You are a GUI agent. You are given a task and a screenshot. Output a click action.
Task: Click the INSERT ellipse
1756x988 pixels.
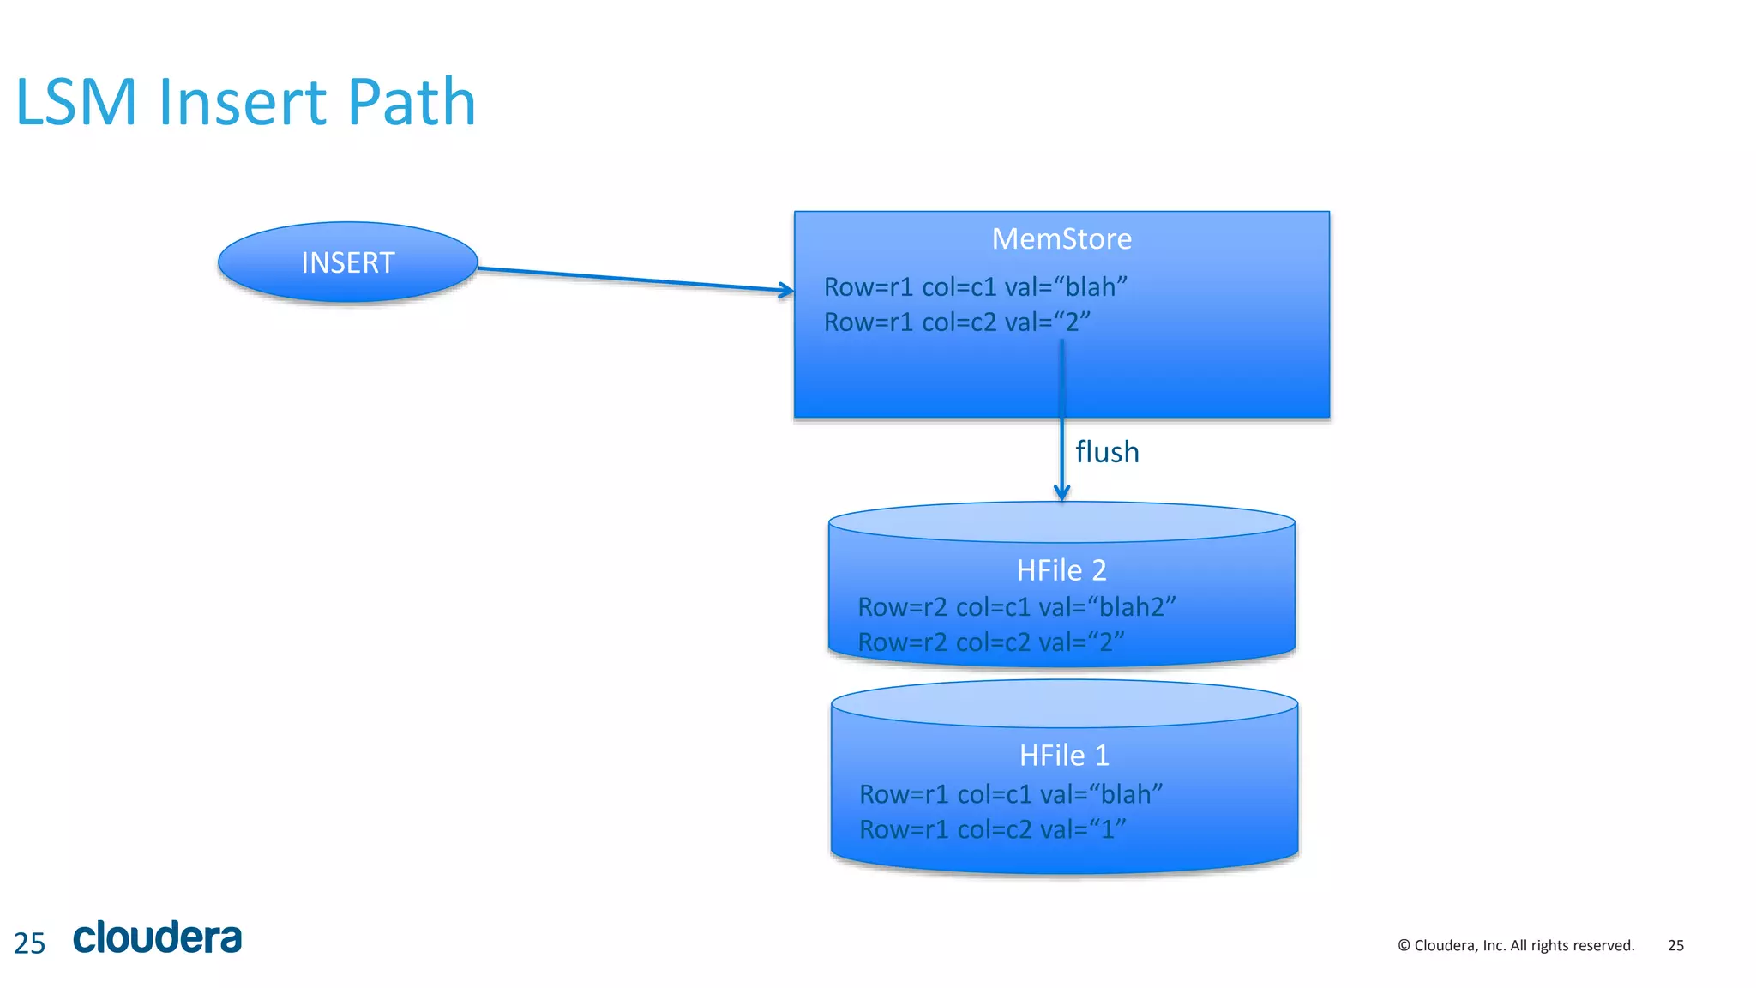[x=347, y=262]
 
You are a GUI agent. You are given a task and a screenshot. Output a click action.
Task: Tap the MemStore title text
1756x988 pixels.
[x=1061, y=238]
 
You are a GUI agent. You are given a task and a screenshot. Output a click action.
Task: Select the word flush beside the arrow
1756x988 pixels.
[x=1107, y=452]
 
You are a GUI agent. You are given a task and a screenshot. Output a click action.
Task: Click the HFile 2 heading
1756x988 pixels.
[x=1061, y=570]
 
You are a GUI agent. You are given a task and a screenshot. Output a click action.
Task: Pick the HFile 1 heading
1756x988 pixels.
[x=1064, y=756]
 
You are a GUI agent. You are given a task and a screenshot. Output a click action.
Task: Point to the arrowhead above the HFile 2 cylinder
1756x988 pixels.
[x=1061, y=493]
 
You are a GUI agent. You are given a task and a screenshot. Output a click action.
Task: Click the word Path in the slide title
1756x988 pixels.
[x=412, y=103]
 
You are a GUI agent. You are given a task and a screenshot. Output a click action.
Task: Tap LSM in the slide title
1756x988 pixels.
[x=76, y=103]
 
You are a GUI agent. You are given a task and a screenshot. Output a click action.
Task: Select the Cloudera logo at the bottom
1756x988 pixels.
[x=158, y=938]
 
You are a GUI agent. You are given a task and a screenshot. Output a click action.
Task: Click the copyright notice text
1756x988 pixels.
[x=1515, y=945]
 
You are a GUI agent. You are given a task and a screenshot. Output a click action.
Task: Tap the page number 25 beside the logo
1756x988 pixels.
[x=30, y=943]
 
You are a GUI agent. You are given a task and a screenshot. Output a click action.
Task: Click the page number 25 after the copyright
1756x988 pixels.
[x=1675, y=945]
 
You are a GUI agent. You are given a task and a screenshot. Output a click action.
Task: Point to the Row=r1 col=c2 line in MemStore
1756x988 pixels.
[x=956, y=322]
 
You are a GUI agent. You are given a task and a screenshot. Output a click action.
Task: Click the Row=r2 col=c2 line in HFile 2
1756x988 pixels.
[x=990, y=642]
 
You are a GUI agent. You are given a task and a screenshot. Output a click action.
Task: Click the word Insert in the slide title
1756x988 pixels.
[x=243, y=103]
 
